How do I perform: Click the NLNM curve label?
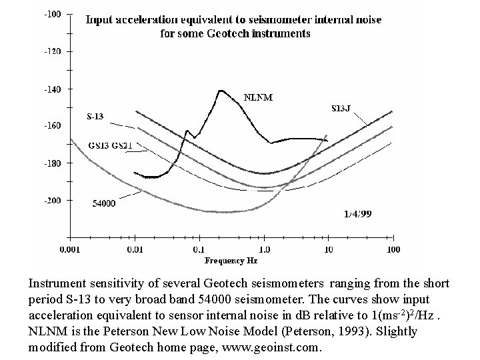tap(258, 97)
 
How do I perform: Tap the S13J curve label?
tap(341, 108)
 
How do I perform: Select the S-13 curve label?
tap(95, 116)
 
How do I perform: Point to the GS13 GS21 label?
tap(110, 145)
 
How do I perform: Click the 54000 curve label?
tap(104, 203)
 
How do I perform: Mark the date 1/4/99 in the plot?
tap(357, 213)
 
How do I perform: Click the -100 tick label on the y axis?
tap(53, 15)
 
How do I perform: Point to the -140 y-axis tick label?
tap(53, 89)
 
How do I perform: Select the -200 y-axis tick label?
tap(53, 201)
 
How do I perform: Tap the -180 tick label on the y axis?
tap(53, 163)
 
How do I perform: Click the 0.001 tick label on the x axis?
tap(70, 249)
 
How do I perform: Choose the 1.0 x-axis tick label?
tap(264, 249)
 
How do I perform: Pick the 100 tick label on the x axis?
tap(393, 249)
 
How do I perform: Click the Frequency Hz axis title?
tap(231, 261)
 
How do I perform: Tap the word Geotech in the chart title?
tap(228, 33)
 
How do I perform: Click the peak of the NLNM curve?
tap(221, 91)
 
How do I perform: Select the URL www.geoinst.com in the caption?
tap(270, 347)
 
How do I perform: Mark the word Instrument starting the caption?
tap(57, 283)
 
